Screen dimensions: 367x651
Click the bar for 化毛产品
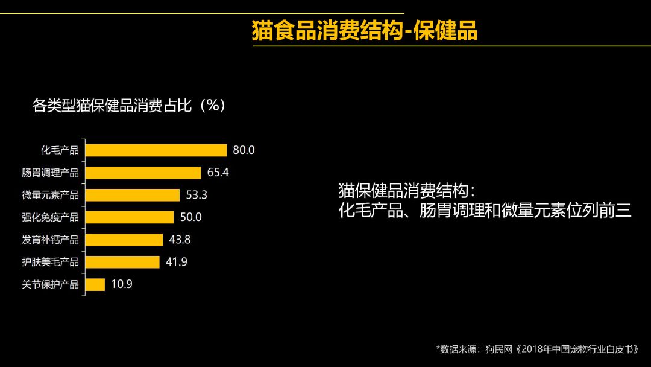pos(156,150)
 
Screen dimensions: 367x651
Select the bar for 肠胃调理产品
pos(143,173)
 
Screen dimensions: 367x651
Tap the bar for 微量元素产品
pos(133,195)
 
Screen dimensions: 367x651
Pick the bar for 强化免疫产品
pos(130,217)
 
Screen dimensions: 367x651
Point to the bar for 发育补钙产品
pos(124,240)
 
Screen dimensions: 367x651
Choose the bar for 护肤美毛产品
pos(122,262)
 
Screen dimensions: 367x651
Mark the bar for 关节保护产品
pos(95,284)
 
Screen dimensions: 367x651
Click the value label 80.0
pos(244,150)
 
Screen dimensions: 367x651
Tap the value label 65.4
pos(218,173)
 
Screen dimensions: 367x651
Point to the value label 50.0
pos(190,217)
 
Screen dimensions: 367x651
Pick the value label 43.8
pos(180,240)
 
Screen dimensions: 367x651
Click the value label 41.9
pos(177,262)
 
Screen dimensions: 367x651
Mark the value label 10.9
pos(121,284)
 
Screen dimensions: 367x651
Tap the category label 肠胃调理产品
pos(51,173)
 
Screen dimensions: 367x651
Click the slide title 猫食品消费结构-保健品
pos(365,31)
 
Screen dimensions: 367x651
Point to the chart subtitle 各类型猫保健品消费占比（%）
pos(129,106)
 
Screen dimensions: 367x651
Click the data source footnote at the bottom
pos(536,349)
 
